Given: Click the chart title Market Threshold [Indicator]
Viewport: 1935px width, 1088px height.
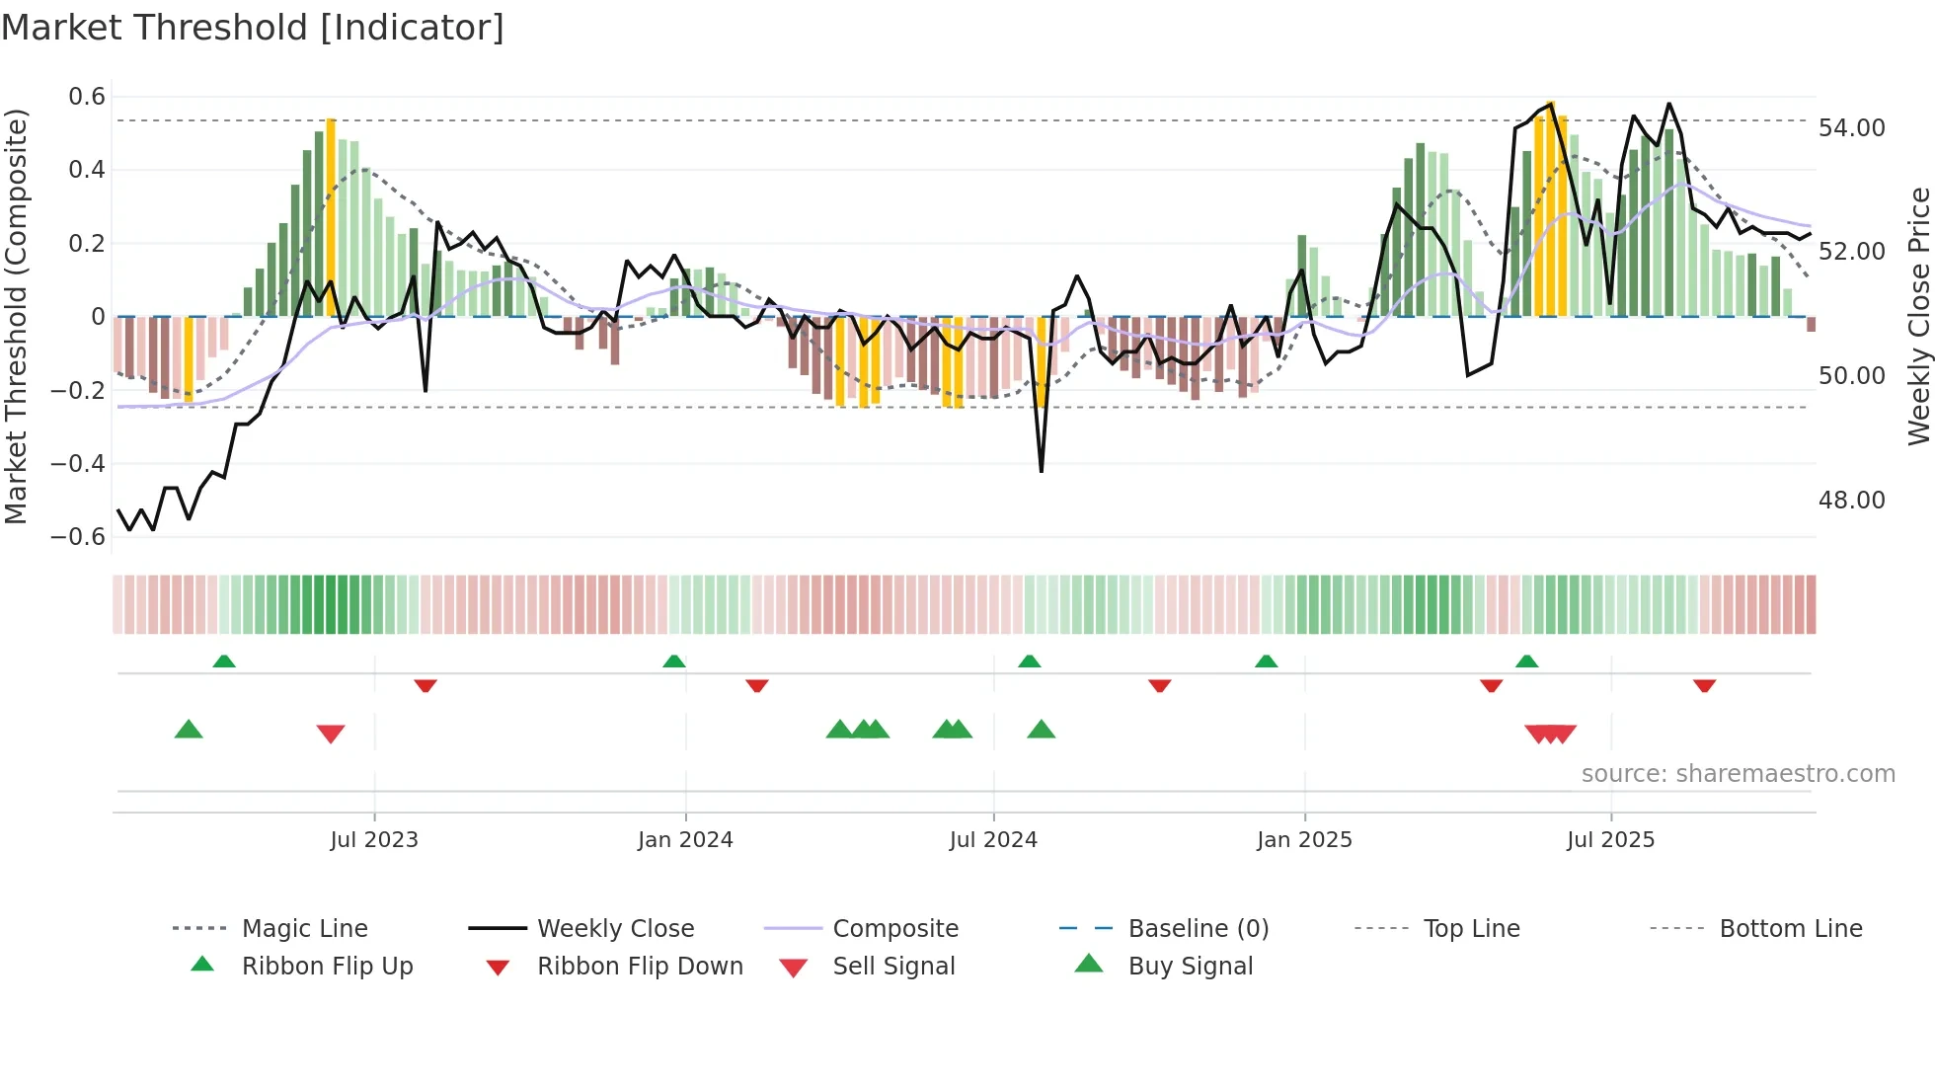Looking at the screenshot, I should [x=253, y=28].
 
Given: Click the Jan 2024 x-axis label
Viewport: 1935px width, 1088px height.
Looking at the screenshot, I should [x=685, y=840].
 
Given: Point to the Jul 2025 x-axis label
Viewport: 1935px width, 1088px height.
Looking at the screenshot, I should [x=1610, y=840].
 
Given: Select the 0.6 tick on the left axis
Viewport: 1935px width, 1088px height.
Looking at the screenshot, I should [x=87, y=97].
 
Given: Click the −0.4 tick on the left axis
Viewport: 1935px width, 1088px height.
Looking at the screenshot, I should [x=78, y=464].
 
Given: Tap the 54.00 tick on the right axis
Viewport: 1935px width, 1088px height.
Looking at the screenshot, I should [x=1851, y=128].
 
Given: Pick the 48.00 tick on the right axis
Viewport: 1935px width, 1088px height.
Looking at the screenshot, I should [x=1851, y=501].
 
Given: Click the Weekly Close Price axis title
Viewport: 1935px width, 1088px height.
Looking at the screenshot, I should [x=1918, y=316].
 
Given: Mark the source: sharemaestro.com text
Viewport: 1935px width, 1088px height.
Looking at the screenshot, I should [x=1738, y=774].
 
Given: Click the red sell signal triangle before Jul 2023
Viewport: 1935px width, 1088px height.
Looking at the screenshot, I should [x=331, y=734].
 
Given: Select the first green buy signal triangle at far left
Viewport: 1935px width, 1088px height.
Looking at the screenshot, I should [x=189, y=730].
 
